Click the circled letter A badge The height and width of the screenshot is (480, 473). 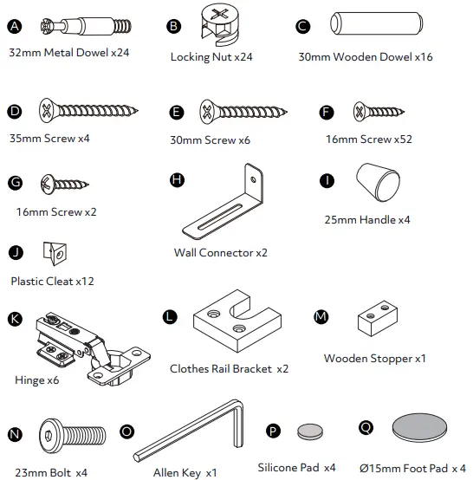14,27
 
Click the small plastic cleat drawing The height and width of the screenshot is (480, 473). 55,253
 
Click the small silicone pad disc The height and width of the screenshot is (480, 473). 309,431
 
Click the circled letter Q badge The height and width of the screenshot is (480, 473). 365,426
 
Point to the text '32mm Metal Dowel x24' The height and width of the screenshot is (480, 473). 68,53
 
